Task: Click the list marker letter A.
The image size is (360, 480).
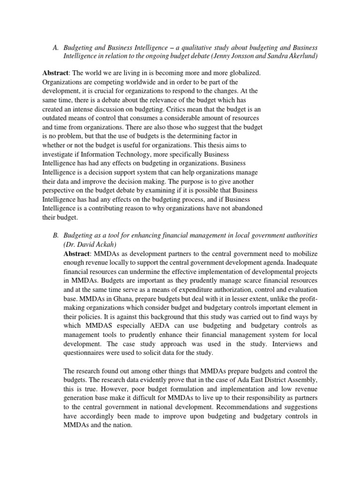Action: (x=55, y=48)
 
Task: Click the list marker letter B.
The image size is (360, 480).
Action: (x=55, y=234)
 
